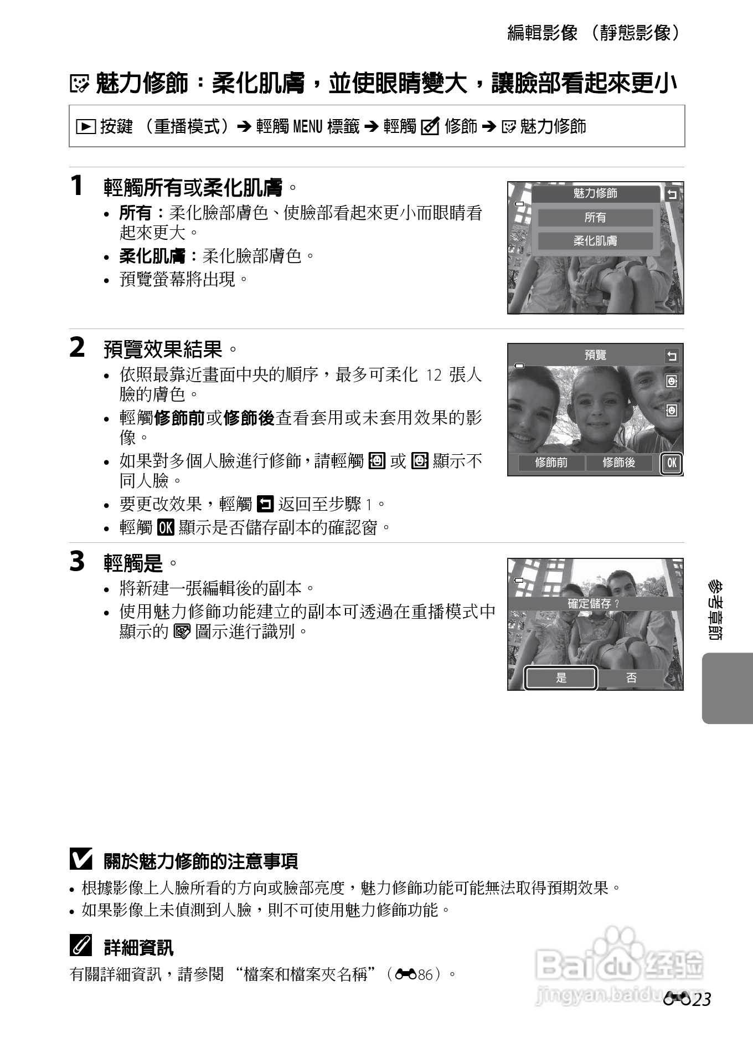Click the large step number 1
coord(77,186)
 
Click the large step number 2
coord(78,348)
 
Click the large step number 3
coord(78,561)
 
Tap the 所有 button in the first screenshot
coord(595,218)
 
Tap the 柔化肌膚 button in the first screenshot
coord(595,241)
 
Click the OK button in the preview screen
coord(672,463)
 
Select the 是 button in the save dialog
coord(561,677)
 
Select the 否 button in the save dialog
coord(631,677)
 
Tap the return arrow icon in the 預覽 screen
coord(672,356)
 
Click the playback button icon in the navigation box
coord(86,127)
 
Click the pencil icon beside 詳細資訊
coord(81,946)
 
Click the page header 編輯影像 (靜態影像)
coord(593,33)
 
